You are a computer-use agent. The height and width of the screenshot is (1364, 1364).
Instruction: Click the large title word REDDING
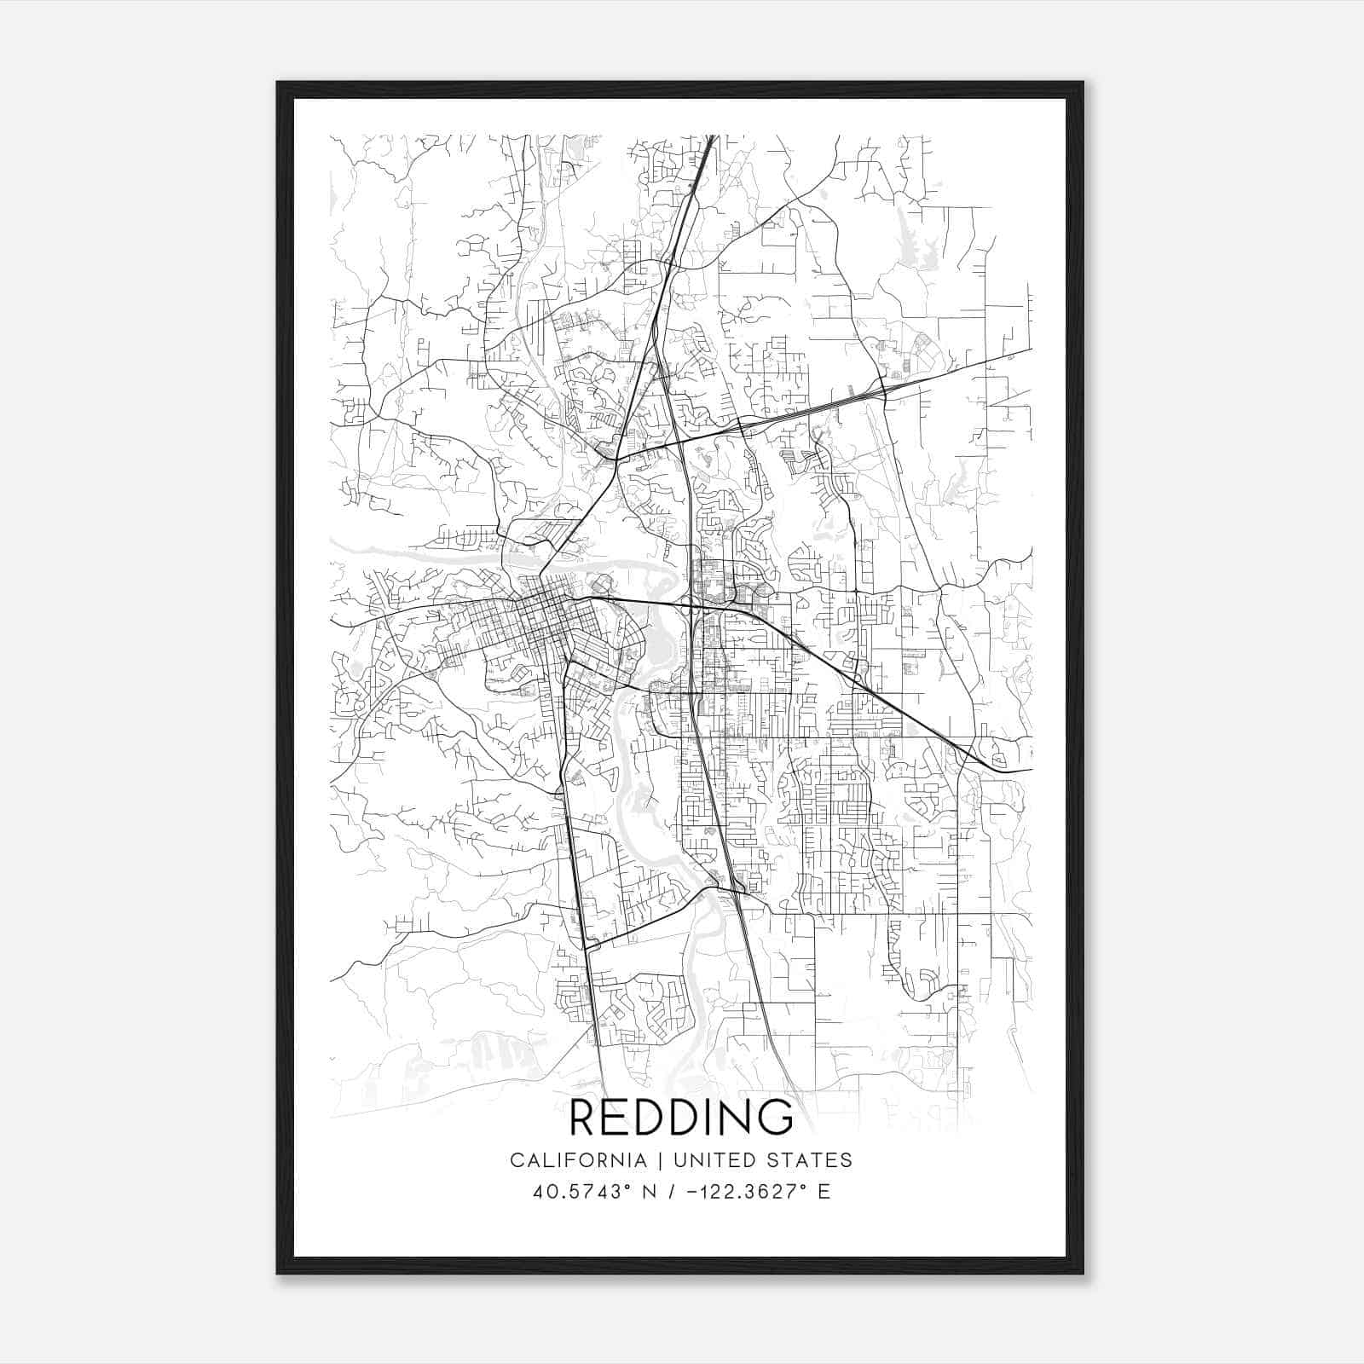(x=681, y=1118)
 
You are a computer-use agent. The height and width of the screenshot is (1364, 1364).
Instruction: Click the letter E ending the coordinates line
(x=823, y=1192)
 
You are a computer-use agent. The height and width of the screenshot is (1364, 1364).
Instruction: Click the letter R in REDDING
(x=584, y=1118)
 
